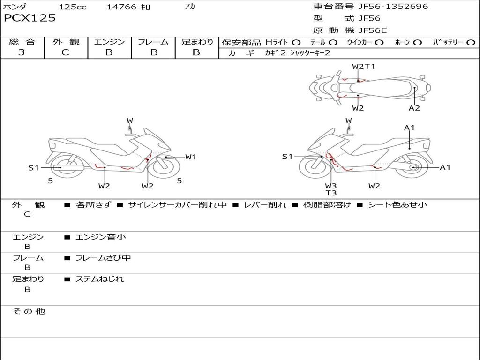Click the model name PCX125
point(30,18)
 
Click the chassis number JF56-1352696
point(387,7)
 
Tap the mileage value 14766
point(121,7)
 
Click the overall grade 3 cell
point(22,52)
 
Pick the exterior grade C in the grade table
point(65,52)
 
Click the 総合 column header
point(22,42)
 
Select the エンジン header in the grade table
point(109,42)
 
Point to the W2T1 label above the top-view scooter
point(363,67)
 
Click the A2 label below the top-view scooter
point(414,108)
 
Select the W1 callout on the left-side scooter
point(190,157)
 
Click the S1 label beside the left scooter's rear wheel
point(33,167)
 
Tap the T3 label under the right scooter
point(331,193)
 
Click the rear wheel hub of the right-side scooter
point(413,167)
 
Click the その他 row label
point(29,311)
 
